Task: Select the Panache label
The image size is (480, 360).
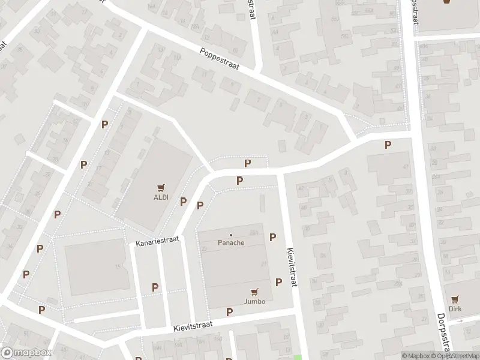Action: (x=231, y=243)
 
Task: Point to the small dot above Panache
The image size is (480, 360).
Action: (x=231, y=235)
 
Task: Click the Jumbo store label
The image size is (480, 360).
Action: (x=254, y=301)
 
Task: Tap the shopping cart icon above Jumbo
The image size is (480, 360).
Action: (x=254, y=292)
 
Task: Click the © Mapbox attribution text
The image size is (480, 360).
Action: (x=416, y=356)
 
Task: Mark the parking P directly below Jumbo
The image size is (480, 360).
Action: (x=229, y=312)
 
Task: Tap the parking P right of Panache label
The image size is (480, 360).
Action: (x=272, y=238)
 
